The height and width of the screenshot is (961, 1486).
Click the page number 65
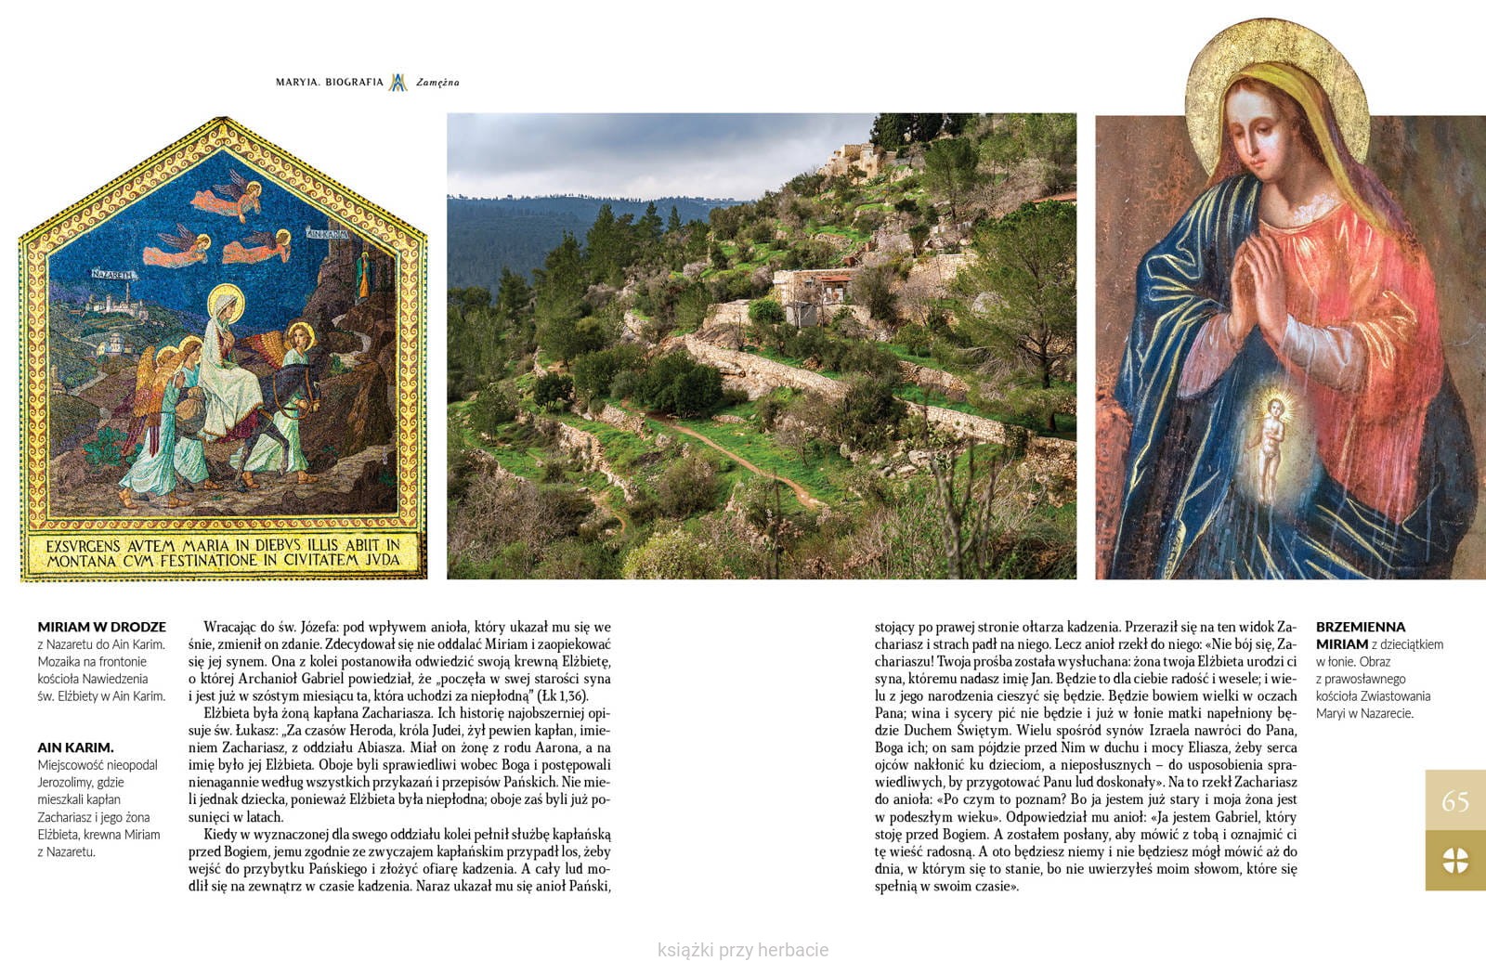pyautogui.click(x=1454, y=800)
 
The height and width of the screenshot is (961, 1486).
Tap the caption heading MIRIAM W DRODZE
pyautogui.click(x=102, y=627)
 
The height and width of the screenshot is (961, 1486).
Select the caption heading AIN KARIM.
pyautogui.click(x=75, y=747)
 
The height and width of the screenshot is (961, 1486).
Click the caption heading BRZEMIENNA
pyautogui.click(x=1361, y=627)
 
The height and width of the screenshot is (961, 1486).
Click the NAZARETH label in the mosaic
pyautogui.click(x=114, y=274)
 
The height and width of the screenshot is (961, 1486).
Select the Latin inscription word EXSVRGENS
pyautogui.click(x=84, y=546)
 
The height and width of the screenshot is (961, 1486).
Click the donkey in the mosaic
pyautogui.click(x=269, y=409)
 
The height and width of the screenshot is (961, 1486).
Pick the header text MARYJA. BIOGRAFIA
pyautogui.click(x=329, y=82)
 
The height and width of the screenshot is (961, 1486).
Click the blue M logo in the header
pyautogui.click(x=398, y=83)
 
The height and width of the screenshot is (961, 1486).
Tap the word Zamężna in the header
pyautogui.click(x=437, y=83)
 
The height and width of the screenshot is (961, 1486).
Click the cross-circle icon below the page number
pyautogui.click(x=1454, y=861)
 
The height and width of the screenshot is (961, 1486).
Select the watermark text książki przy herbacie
pyautogui.click(x=742, y=949)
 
